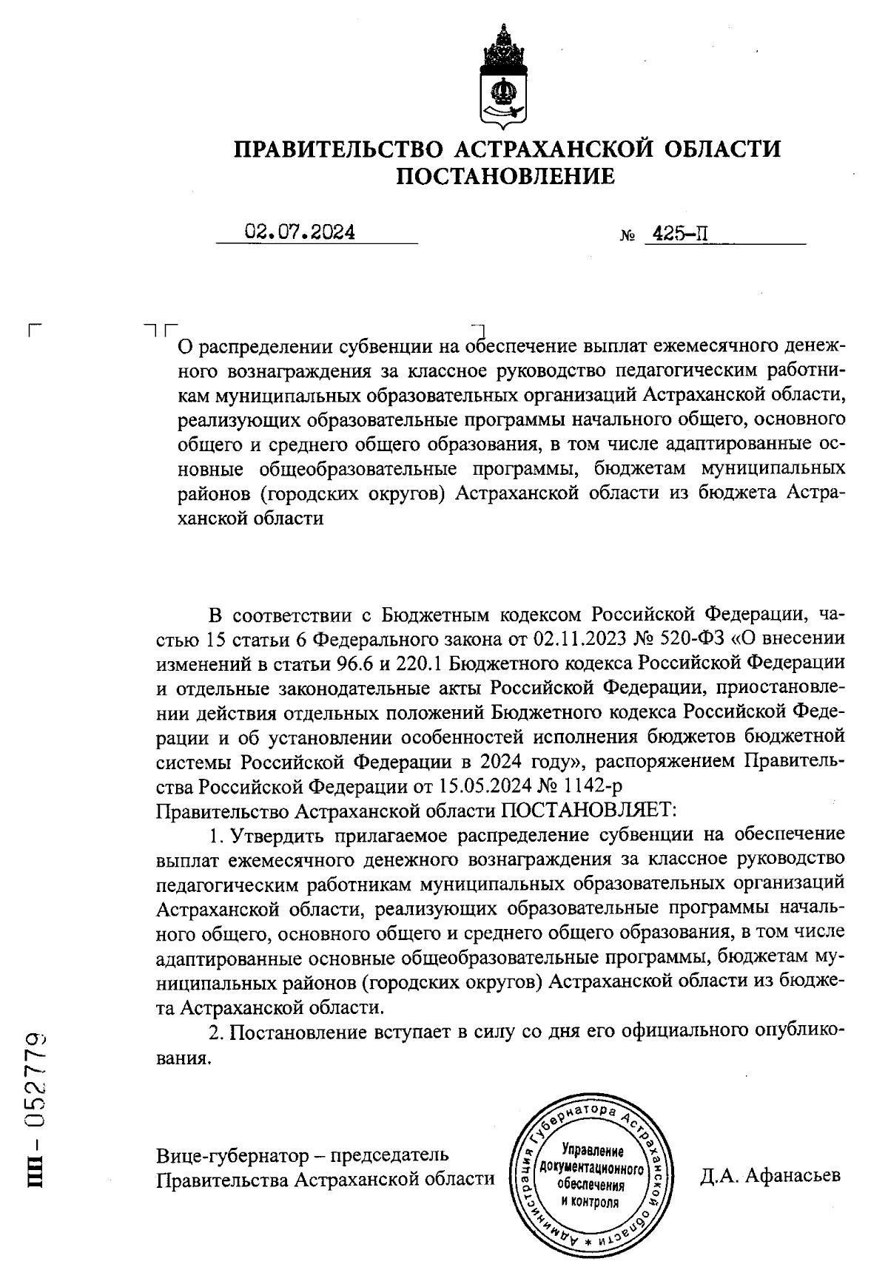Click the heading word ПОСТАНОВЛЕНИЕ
click(x=506, y=177)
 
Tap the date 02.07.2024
click(x=300, y=233)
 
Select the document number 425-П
click(x=676, y=235)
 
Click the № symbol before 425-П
click(x=628, y=238)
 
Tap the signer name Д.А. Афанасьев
click(x=770, y=1175)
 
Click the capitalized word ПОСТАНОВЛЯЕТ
click(x=589, y=809)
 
